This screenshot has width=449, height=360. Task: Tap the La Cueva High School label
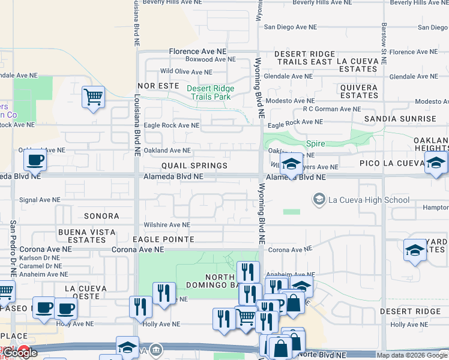[x=368, y=200]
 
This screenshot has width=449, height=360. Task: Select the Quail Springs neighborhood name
[x=194, y=166]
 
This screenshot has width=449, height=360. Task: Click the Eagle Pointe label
[x=163, y=239]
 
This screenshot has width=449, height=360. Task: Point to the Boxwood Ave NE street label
[x=210, y=59]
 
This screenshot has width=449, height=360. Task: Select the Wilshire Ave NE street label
[x=166, y=225]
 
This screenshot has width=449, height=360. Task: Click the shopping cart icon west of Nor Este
[x=93, y=97]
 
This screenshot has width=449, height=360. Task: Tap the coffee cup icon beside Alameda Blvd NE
[x=35, y=160]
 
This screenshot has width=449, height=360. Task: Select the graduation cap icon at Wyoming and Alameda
[x=291, y=163]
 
